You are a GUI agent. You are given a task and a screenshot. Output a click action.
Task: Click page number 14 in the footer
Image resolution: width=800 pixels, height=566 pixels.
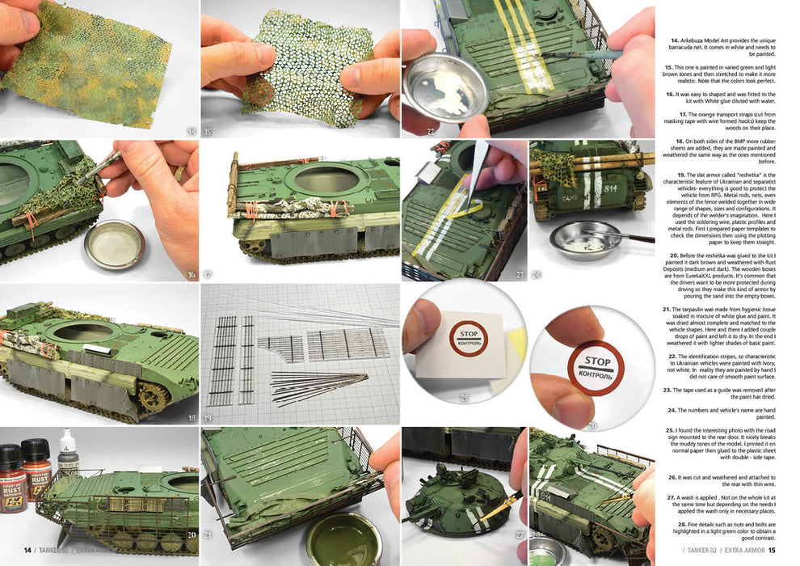27,551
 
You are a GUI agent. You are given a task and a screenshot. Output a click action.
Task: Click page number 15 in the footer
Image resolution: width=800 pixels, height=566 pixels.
771,551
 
